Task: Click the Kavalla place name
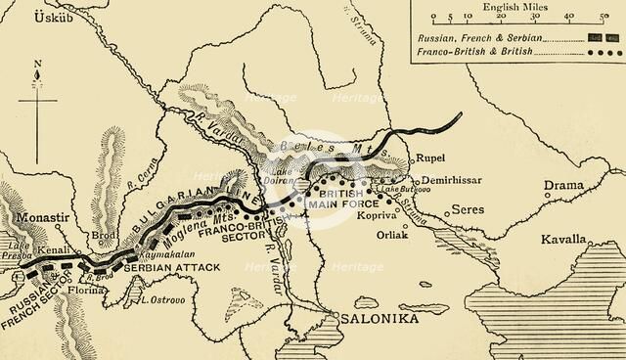point(564,239)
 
